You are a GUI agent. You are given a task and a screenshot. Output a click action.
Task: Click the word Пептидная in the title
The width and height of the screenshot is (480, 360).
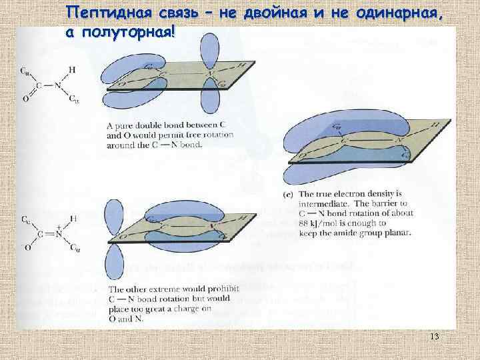107,13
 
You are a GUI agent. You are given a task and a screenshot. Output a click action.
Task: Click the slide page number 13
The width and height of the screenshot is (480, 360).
435,337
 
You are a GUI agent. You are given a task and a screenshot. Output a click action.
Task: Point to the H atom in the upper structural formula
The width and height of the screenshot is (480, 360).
71,69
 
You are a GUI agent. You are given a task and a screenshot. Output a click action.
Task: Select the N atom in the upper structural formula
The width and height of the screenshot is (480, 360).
59,85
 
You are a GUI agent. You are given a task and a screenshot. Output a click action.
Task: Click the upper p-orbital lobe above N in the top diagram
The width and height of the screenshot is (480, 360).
211,47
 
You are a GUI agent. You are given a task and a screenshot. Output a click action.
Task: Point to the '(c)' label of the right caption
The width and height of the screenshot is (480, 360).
288,194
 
